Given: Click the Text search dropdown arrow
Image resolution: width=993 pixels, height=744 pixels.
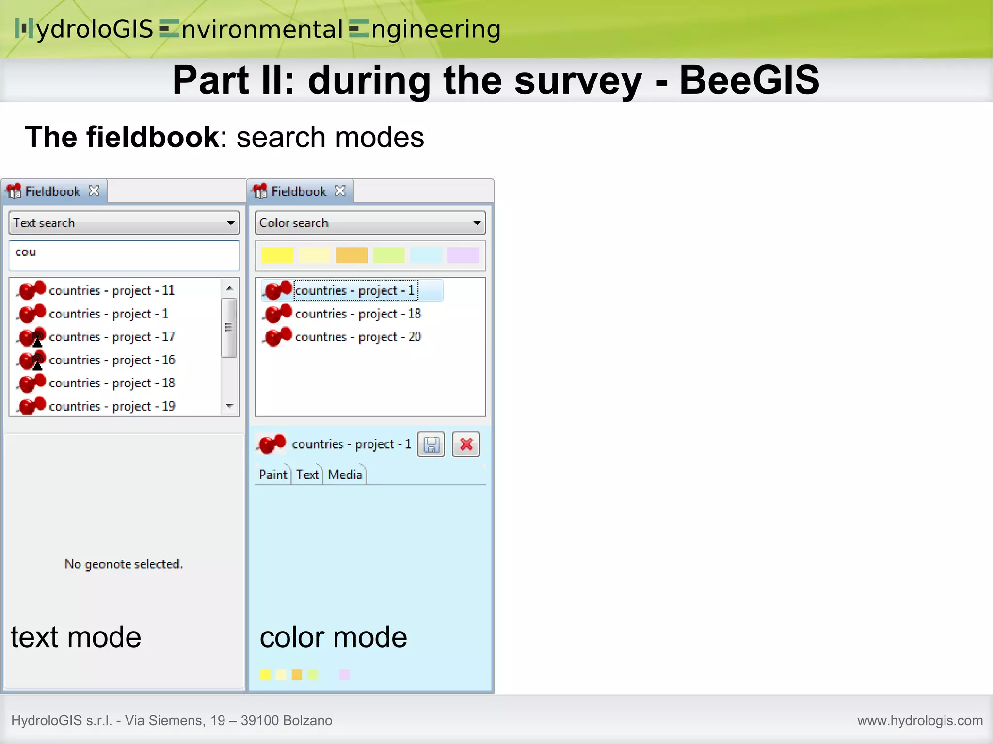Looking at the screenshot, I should [231, 223].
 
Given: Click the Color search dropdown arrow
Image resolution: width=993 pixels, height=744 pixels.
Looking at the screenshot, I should [477, 223].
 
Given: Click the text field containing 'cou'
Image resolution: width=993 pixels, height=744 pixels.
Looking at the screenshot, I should [124, 255].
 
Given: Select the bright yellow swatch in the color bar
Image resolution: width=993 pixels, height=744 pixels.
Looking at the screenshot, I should [277, 255].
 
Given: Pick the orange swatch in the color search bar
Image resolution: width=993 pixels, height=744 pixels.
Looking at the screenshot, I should [352, 255].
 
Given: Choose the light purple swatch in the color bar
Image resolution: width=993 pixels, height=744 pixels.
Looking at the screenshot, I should [463, 255].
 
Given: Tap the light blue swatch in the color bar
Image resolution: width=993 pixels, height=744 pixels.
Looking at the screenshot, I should [426, 255].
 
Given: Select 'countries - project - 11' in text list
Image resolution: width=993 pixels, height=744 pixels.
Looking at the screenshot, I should [112, 290].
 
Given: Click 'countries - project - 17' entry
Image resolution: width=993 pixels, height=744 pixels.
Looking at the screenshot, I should [112, 337].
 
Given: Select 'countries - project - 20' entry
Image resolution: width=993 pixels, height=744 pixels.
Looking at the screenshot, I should [358, 337].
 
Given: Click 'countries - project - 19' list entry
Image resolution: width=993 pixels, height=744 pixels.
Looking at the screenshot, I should [112, 406].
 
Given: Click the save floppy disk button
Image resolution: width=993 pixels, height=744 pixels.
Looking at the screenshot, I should [431, 444].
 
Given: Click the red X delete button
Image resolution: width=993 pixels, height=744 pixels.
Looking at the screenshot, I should [466, 444].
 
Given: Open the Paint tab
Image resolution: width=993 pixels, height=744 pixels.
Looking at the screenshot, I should [272, 475].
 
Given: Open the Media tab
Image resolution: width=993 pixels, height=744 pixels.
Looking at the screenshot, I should [345, 475].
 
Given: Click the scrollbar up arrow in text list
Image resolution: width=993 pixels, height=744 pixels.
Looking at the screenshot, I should [230, 288].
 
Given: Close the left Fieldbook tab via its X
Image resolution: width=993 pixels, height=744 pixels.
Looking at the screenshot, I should [94, 191].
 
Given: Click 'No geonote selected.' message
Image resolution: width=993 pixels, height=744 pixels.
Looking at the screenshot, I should [124, 564].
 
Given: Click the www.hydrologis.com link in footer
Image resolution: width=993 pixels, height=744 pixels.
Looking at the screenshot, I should [920, 721].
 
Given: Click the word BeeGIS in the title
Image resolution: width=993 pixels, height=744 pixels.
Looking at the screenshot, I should [749, 80].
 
